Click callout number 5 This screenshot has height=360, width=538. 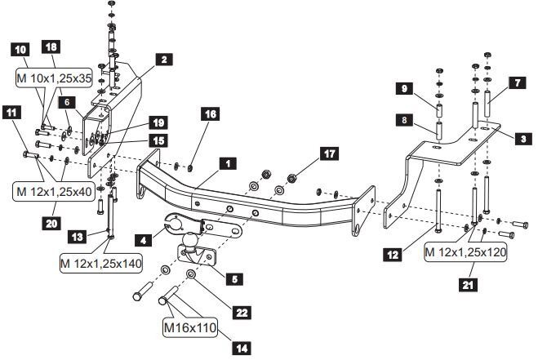(234, 279)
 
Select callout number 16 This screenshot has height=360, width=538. (210, 115)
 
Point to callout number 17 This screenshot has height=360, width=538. (330, 153)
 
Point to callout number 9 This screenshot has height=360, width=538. (403, 88)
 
